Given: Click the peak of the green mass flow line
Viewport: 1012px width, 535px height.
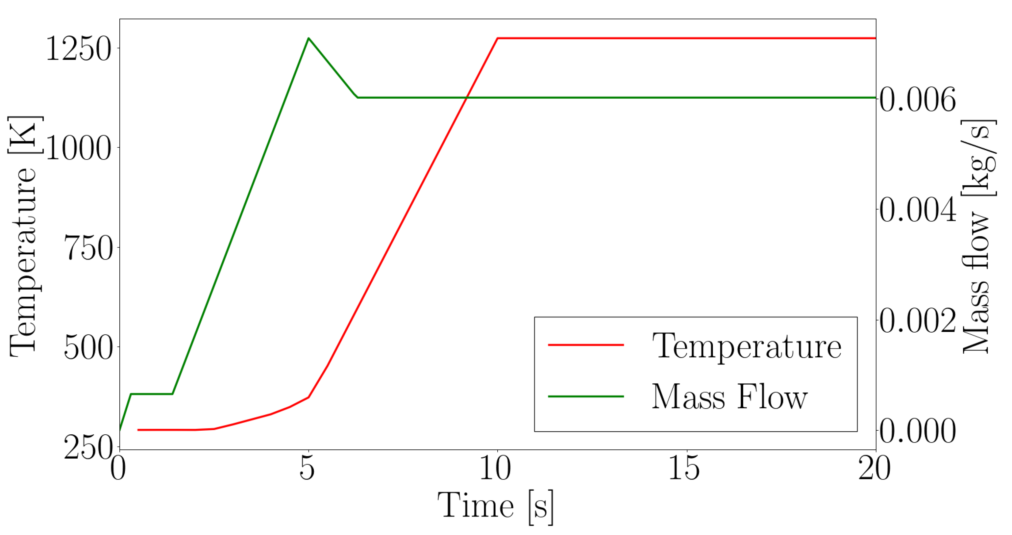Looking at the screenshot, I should pyautogui.click(x=309, y=38).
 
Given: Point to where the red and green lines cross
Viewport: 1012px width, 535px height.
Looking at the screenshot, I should pyautogui.click(x=467, y=97).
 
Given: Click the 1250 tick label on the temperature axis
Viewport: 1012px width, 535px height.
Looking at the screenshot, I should pyautogui.click(x=79, y=49).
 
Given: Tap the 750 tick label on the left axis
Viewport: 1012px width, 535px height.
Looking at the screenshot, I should pyautogui.click(x=88, y=248).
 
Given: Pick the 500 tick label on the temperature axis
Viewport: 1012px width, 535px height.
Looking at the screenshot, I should pyautogui.click(x=88, y=347).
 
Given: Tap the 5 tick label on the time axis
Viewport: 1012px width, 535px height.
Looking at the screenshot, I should pyautogui.click(x=307, y=468).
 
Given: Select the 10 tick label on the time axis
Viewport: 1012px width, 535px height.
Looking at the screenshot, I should pyautogui.click(x=496, y=468).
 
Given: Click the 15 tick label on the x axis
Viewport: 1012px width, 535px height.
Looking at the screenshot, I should pyautogui.click(x=684, y=468).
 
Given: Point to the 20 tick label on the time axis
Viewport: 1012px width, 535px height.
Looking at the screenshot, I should pyautogui.click(x=875, y=468).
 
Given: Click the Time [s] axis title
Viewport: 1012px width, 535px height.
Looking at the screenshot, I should pyautogui.click(x=496, y=507).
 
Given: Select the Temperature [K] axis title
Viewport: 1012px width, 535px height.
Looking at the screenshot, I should pyautogui.click(x=24, y=236).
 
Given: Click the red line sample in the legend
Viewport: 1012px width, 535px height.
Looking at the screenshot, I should pyautogui.click(x=586, y=345).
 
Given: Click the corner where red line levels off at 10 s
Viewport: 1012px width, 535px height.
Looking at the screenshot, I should pyautogui.click(x=498, y=38).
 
